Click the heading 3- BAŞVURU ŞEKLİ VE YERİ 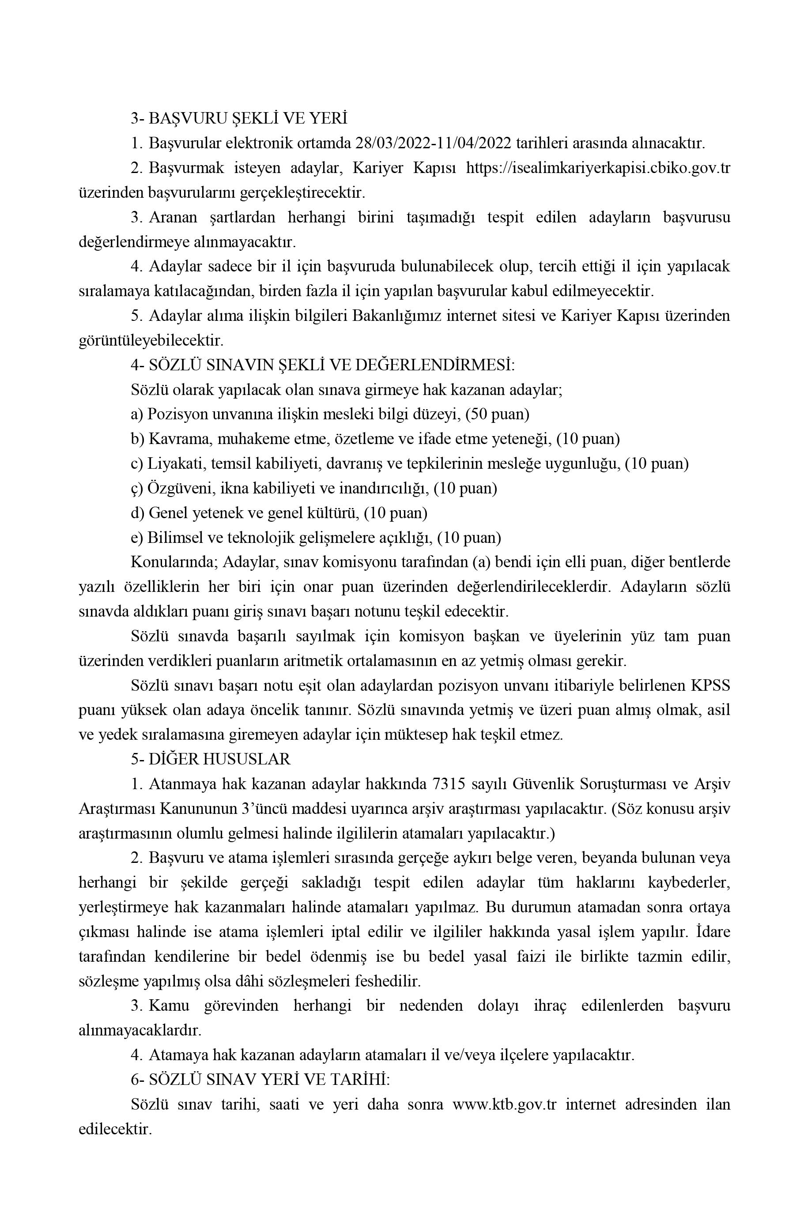[x=238, y=119]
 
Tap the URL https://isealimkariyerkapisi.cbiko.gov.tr [x=598, y=168]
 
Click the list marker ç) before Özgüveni [x=136, y=488]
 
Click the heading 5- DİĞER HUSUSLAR [x=210, y=759]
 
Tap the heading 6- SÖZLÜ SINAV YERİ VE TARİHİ [x=260, y=1080]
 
